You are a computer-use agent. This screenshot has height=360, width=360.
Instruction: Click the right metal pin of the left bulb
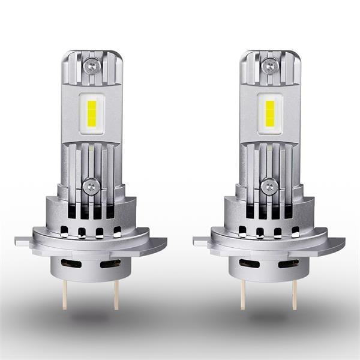click(116, 294)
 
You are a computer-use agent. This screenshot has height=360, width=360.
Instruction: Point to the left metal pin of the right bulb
click(243, 294)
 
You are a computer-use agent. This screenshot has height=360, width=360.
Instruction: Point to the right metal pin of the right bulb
click(295, 294)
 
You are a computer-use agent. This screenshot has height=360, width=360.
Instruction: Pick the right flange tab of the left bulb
click(157, 244)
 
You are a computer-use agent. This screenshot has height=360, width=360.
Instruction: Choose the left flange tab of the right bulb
click(202, 241)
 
